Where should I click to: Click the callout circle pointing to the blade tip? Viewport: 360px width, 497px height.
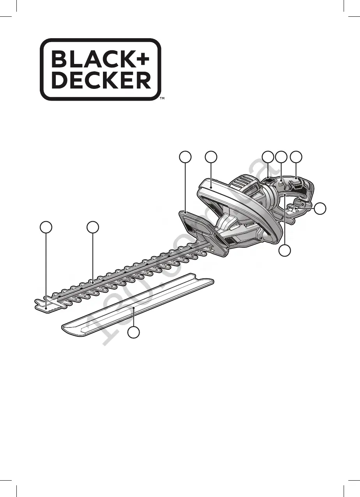46,228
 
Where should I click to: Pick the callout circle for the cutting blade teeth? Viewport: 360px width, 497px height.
93,228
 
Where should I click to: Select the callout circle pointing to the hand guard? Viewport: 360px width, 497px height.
185,157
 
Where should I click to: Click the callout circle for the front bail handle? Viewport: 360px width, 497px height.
211,157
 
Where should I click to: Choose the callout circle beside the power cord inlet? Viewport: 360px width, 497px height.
320,209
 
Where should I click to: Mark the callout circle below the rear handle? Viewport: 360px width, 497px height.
286,251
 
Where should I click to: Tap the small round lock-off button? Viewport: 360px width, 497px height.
281,181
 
